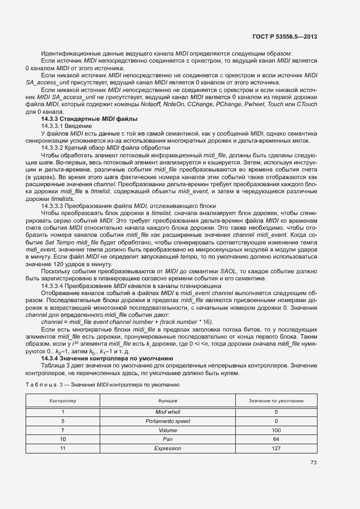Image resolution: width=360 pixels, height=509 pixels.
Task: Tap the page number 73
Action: click(x=314, y=463)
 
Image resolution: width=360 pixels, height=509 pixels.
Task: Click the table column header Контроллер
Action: click(x=63, y=400)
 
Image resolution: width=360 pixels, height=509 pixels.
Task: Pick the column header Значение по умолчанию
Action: click(x=276, y=400)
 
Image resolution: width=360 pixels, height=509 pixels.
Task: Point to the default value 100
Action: click(x=276, y=430)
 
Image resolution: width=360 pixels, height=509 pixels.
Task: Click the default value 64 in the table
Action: click(x=276, y=439)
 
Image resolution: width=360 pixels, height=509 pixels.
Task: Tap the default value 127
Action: click(x=276, y=448)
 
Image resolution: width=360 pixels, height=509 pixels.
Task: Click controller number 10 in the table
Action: click(x=63, y=439)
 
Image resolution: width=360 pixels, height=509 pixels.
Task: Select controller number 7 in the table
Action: click(x=63, y=430)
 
